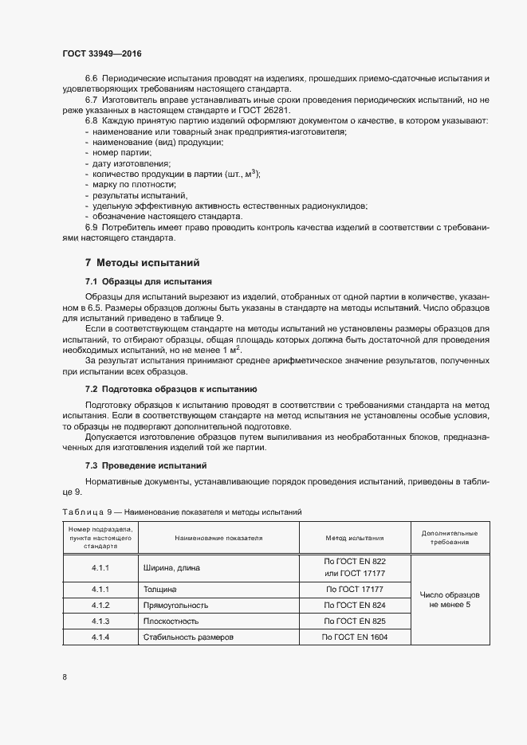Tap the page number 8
point(65,676)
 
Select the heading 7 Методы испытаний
point(142,262)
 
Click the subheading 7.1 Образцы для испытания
point(147,281)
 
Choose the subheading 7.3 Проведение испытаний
point(146,465)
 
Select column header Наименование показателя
point(218,538)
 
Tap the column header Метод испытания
point(355,538)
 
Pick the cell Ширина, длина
point(171,568)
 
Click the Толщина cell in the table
point(159,590)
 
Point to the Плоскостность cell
point(171,621)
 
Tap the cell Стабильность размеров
point(187,637)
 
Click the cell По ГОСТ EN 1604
point(355,637)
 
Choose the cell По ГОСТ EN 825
point(355,621)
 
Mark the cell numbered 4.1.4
point(100,637)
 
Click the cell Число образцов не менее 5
point(450,600)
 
